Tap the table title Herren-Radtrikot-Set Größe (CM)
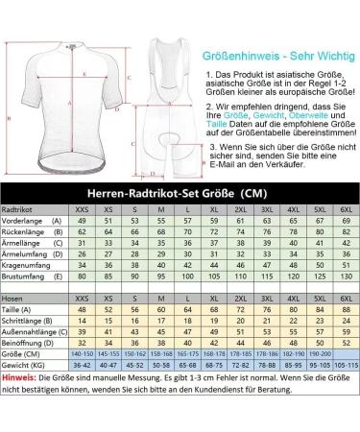tap(180, 191)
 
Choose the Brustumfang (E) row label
tap(31, 277)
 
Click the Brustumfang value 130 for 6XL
tap(347, 277)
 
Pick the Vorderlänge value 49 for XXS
tap(83, 220)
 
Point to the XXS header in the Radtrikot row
tap(83, 207)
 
